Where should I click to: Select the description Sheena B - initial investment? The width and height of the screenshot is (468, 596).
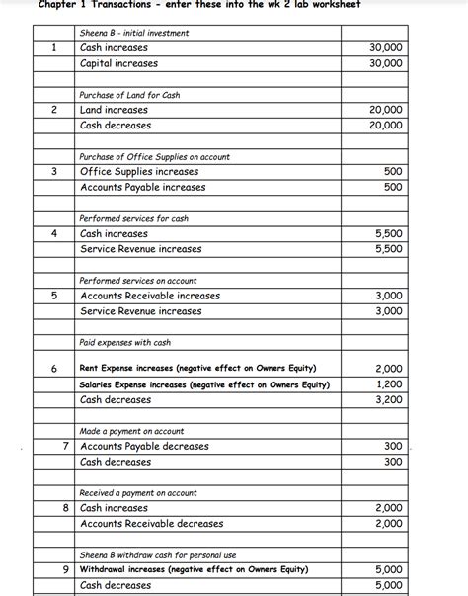click(133, 33)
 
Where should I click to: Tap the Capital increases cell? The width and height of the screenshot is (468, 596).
click(118, 63)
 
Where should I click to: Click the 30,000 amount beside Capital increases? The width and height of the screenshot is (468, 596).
click(385, 63)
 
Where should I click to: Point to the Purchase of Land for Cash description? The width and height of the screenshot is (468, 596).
click(129, 95)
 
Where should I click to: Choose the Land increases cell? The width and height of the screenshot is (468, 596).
click(114, 110)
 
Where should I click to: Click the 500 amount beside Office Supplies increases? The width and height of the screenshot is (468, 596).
click(392, 172)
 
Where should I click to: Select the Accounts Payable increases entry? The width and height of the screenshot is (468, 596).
click(142, 187)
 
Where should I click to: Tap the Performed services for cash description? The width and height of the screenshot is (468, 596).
click(133, 218)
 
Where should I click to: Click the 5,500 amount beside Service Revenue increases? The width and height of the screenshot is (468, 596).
click(389, 249)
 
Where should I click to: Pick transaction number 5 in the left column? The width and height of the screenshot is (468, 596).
click(56, 296)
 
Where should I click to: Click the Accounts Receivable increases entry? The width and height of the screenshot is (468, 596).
click(149, 296)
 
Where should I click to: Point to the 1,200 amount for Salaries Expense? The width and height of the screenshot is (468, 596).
click(389, 384)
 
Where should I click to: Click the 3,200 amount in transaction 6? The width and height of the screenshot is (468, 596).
click(389, 400)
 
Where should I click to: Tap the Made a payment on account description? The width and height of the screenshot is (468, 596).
click(131, 431)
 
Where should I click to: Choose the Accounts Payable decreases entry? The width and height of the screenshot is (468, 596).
click(144, 446)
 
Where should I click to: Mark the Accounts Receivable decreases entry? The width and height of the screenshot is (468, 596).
click(151, 523)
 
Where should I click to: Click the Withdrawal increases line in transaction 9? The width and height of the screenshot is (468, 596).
click(194, 569)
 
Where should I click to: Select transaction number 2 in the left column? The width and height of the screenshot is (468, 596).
click(56, 110)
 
